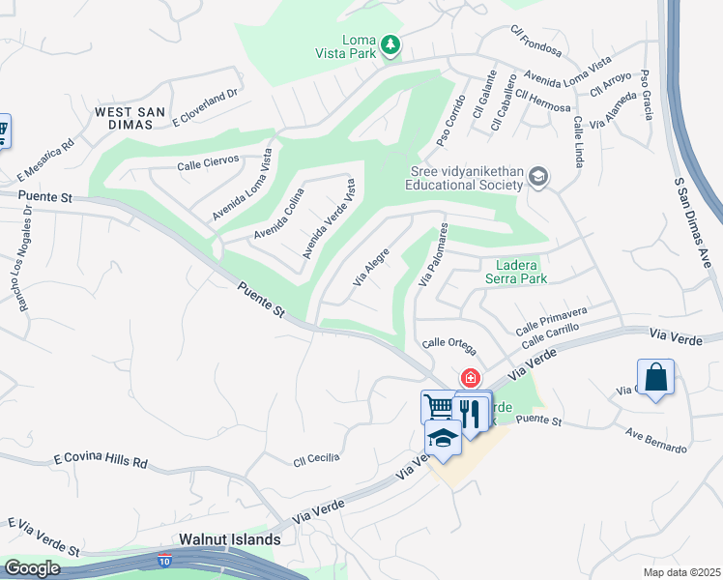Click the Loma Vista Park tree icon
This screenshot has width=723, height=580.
(390, 44)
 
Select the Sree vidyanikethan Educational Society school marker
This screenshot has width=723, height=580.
(538, 177)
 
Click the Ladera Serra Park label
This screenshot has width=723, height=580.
(521, 272)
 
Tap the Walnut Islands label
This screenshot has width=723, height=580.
(230, 539)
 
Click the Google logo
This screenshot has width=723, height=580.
(31, 568)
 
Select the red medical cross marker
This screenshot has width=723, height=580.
(471, 378)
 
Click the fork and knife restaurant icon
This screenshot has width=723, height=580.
(471, 413)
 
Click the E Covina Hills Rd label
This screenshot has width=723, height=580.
(101, 459)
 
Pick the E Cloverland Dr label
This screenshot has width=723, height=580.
(205, 109)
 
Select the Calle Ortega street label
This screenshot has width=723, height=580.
(448, 343)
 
